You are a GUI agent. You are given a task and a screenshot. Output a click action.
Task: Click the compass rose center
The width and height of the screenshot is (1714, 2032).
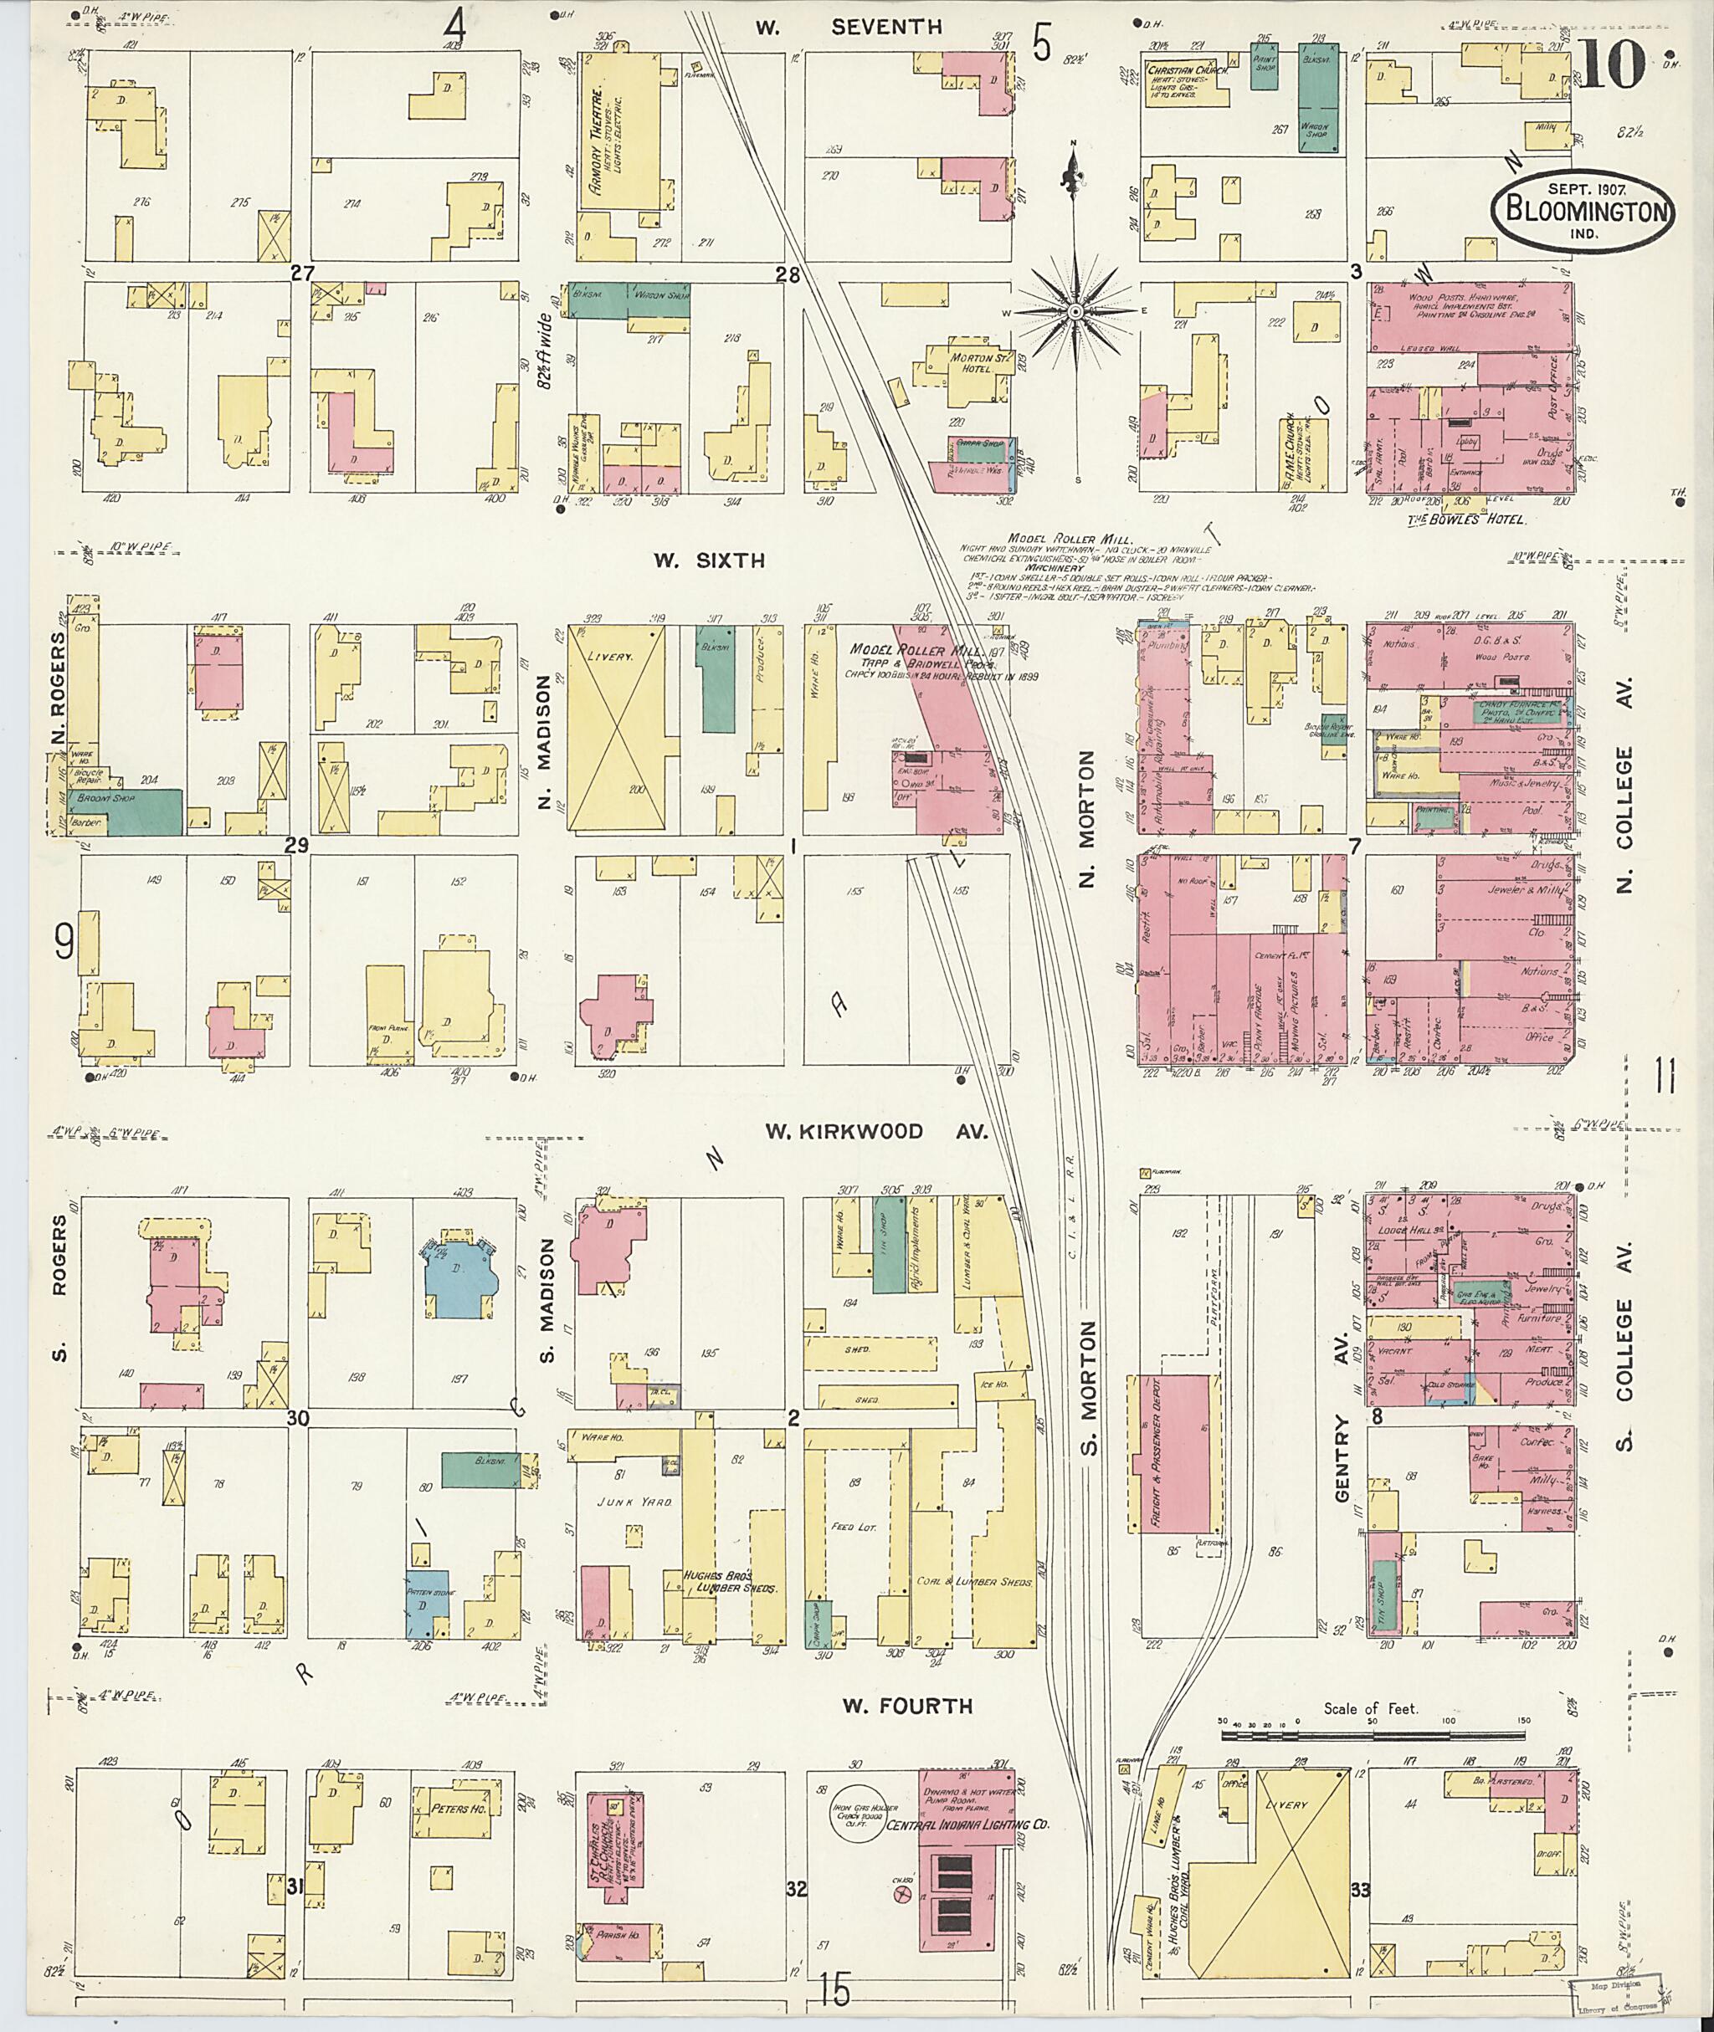click(1075, 312)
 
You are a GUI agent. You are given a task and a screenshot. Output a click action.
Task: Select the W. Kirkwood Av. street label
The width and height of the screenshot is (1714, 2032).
click(875, 1132)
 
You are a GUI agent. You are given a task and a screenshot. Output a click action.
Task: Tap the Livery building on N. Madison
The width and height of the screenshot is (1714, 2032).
click(615, 728)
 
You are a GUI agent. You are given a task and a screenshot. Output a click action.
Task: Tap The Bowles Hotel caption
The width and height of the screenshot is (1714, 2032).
click(1465, 520)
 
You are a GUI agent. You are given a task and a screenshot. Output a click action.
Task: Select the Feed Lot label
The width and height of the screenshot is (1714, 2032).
click(854, 1527)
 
